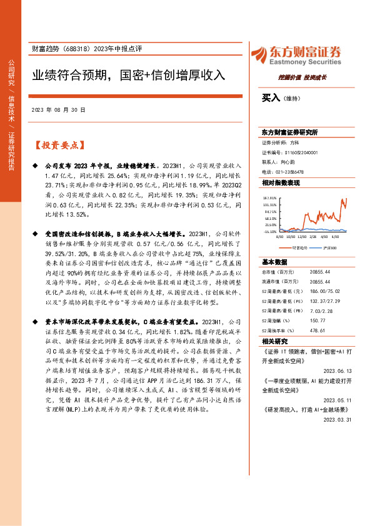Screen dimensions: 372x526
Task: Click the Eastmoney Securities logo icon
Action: (x=258, y=53)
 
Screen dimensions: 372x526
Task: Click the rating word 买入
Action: (x=270, y=97)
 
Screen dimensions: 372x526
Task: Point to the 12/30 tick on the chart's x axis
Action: (x=301, y=237)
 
